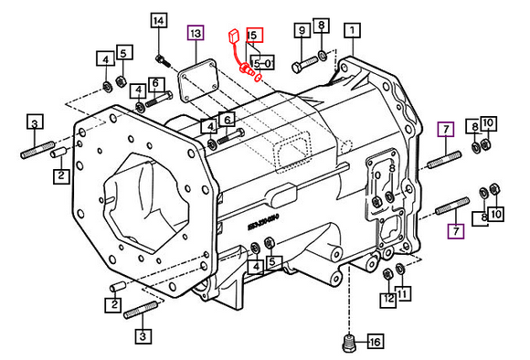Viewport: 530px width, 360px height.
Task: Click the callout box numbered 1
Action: click(x=351, y=31)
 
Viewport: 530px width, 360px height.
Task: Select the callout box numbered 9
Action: click(x=301, y=31)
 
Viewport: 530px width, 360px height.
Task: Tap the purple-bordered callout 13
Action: click(x=195, y=33)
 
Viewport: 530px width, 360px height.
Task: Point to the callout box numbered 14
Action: click(x=159, y=21)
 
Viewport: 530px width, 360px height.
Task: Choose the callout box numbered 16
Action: click(x=373, y=343)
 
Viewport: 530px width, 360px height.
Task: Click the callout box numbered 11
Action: click(x=403, y=294)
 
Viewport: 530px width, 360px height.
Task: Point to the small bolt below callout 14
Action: click(x=161, y=61)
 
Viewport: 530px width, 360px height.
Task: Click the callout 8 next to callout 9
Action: click(x=320, y=27)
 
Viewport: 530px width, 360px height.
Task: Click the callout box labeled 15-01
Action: click(x=261, y=63)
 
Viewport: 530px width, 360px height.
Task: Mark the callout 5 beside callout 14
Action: click(x=123, y=54)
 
